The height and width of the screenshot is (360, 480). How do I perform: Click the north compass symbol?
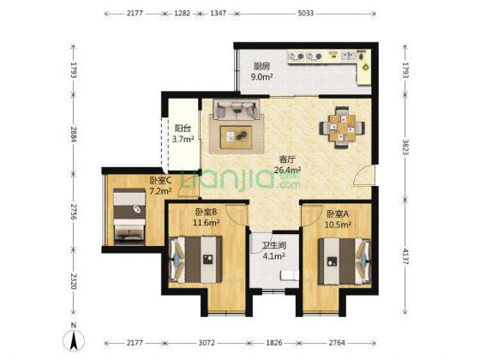(x=74, y=339)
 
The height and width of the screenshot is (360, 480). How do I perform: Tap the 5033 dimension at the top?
(x=306, y=13)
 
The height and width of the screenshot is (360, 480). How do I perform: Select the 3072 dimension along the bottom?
(x=207, y=343)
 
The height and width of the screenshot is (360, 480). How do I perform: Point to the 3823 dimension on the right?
(x=405, y=147)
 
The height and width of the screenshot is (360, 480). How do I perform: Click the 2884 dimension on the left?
(x=74, y=134)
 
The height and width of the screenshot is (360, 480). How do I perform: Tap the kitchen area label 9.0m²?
(x=261, y=76)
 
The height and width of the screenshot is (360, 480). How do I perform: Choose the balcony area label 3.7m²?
(x=183, y=139)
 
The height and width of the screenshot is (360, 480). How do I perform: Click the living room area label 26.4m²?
(x=287, y=170)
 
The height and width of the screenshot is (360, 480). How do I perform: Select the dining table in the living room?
(x=342, y=128)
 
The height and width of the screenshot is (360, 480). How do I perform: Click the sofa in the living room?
(x=237, y=110)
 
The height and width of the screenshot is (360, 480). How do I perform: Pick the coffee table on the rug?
(x=236, y=137)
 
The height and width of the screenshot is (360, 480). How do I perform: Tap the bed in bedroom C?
(x=129, y=217)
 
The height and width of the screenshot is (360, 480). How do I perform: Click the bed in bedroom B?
(x=195, y=260)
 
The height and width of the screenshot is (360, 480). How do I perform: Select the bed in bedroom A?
(x=345, y=261)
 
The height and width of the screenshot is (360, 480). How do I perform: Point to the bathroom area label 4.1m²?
(x=274, y=256)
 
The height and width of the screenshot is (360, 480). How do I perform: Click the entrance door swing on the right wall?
(x=363, y=175)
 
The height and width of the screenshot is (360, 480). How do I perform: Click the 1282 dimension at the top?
(x=182, y=13)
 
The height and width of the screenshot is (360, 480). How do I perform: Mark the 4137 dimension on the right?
(x=405, y=256)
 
